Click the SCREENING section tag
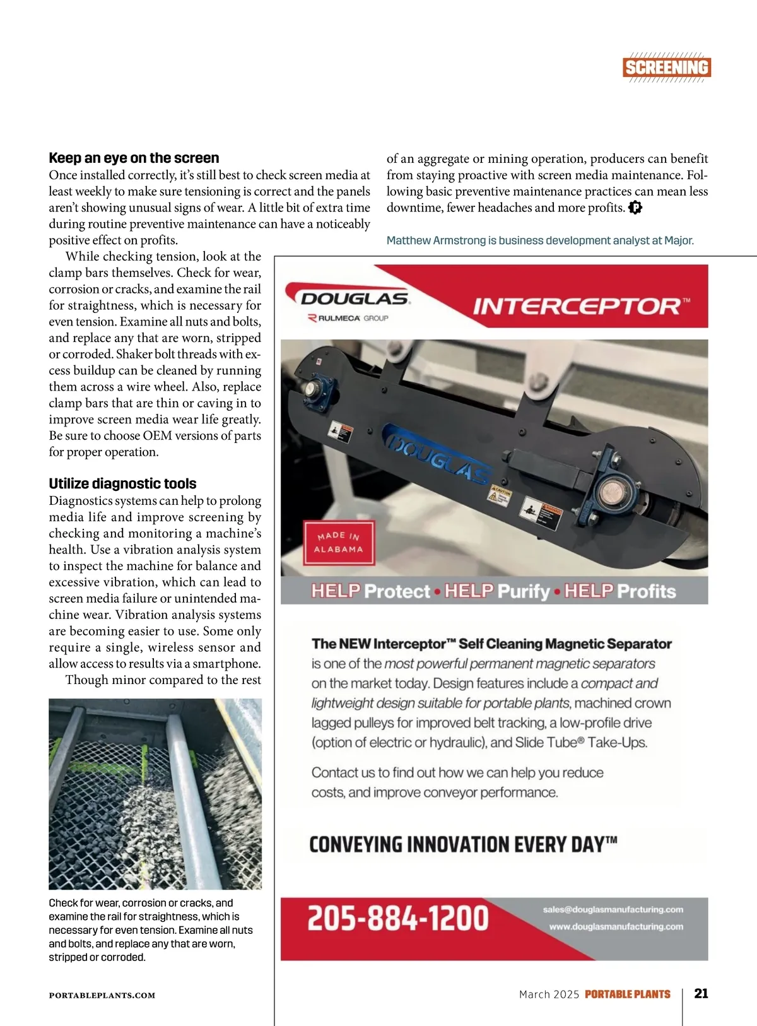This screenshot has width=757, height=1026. click(x=667, y=68)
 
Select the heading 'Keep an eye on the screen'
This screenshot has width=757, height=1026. click(x=134, y=158)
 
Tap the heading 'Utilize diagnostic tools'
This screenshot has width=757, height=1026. click(x=122, y=483)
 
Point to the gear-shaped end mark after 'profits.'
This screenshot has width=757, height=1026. click(x=635, y=208)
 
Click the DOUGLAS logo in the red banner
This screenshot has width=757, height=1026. click(x=355, y=298)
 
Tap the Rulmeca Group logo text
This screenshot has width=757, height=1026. click(x=349, y=318)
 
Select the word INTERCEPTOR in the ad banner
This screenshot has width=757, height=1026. click(x=577, y=307)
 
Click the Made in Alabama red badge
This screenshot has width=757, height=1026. click(x=339, y=542)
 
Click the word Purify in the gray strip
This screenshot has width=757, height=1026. click(x=524, y=591)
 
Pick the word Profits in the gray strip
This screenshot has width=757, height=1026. click(x=646, y=591)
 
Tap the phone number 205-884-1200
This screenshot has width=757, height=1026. click(x=398, y=918)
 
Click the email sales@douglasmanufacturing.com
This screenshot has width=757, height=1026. click(x=613, y=910)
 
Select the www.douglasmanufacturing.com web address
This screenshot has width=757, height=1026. click(x=616, y=926)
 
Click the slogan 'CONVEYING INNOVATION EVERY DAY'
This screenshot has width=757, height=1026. click(x=462, y=844)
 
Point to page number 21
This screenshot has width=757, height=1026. click(x=701, y=993)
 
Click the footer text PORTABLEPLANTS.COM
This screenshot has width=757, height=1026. click(x=102, y=995)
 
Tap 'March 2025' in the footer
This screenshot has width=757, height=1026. click(x=549, y=994)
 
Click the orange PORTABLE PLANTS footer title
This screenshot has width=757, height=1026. click(x=627, y=994)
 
